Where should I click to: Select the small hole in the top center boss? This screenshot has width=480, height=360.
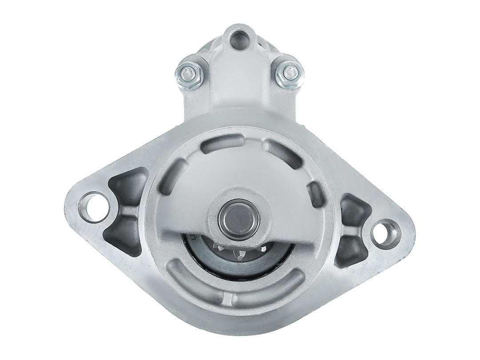(x=240, y=39)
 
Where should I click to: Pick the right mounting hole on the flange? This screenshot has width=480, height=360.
(x=383, y=233)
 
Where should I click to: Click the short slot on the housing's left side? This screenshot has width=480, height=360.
(x=171, y=177)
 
